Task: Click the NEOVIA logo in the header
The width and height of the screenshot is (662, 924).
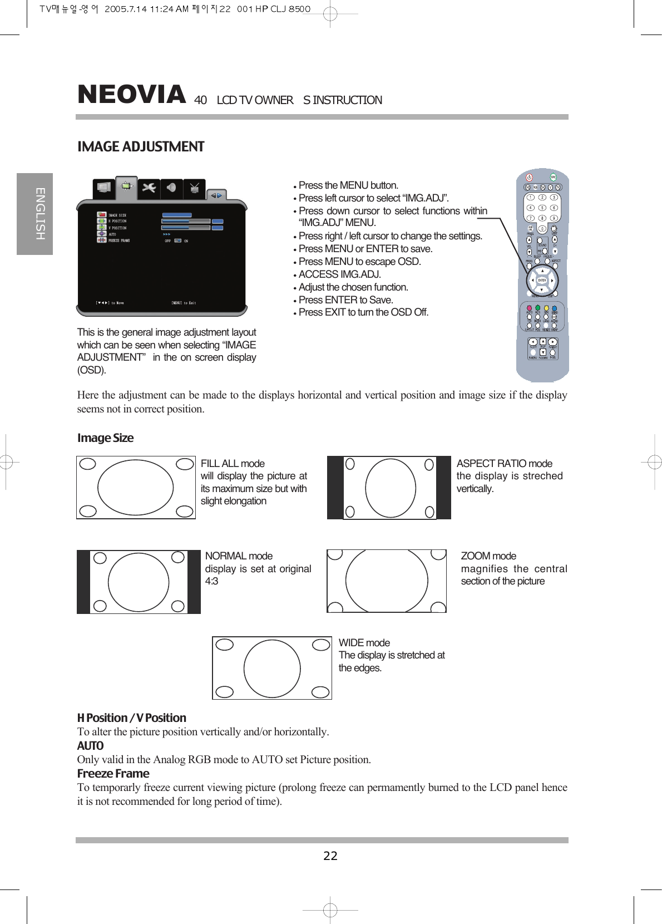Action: coord(131,95)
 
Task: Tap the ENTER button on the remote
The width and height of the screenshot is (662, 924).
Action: coord(542,281)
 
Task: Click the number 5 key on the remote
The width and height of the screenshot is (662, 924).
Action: coord(542,208)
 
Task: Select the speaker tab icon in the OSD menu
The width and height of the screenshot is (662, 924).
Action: coord(172,188)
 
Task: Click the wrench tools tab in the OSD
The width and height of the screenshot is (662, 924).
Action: coord(149,188)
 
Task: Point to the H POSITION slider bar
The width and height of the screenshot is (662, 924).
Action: coord(186,222)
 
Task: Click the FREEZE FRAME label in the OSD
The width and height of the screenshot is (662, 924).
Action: coord(119,240)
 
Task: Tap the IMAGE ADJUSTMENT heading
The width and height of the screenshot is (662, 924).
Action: coord(141,147)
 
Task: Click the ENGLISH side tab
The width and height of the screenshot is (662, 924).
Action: coord(35,214)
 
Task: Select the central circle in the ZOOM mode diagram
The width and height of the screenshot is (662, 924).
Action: coord(387,581)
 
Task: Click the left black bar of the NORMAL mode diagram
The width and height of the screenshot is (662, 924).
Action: coord(83,582)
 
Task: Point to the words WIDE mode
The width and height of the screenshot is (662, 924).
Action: coord(364,643)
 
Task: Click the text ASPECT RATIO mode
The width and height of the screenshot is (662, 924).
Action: coord(504,464)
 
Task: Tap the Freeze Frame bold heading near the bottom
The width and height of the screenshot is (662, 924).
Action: coord(113,774)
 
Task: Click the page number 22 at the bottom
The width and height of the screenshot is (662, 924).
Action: coord(330,856)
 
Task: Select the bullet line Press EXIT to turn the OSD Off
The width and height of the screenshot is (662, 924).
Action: coord(363,312)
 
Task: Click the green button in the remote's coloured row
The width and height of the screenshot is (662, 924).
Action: coord(537,308)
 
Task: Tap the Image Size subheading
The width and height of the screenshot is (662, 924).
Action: coord(105,438)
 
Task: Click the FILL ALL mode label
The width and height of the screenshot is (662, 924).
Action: coord(233,464)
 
